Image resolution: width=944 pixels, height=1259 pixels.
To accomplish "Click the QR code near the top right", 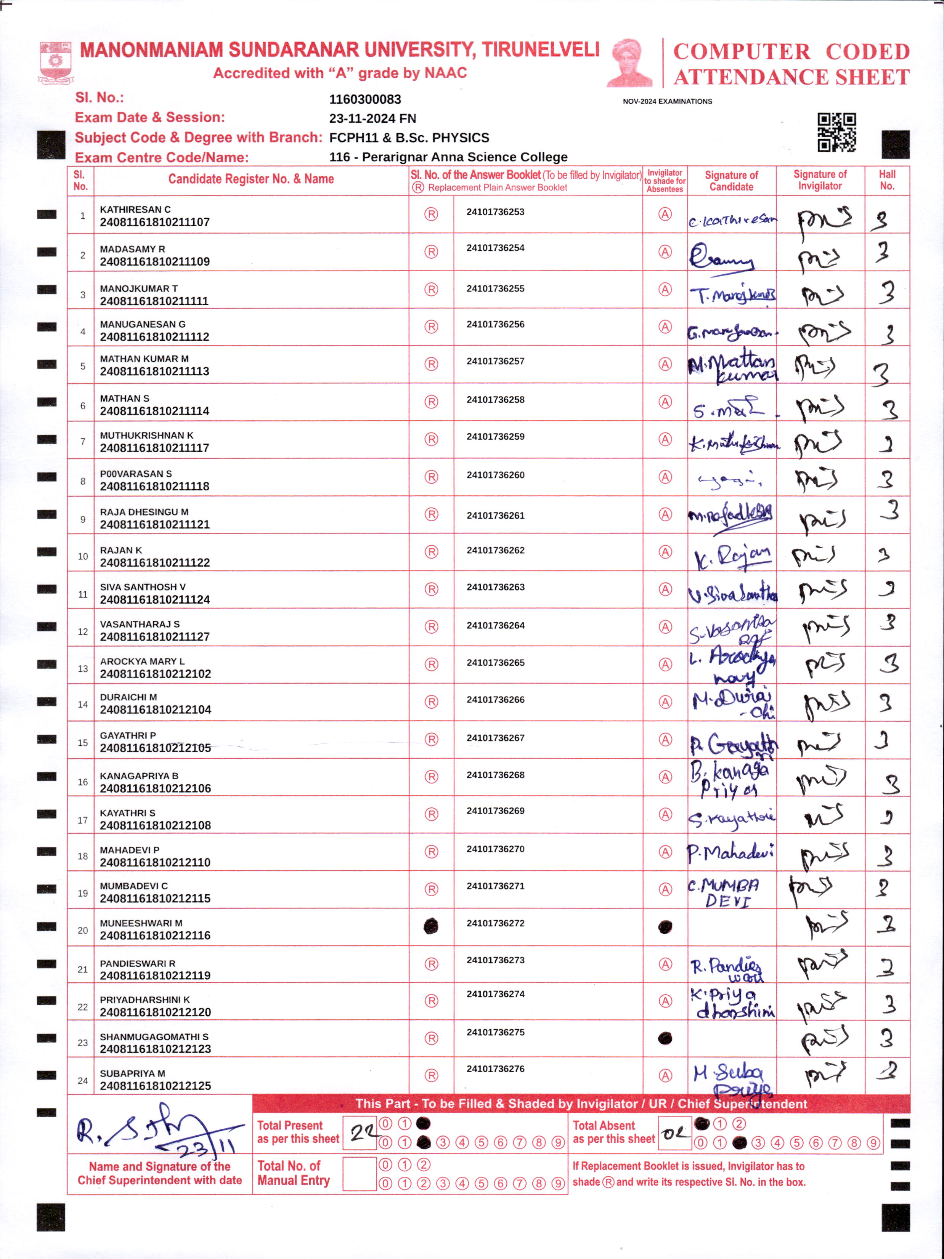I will point(836,132).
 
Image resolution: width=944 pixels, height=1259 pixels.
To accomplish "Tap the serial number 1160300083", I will point(365,99).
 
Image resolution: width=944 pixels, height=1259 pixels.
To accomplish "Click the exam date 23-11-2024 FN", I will point(372,119).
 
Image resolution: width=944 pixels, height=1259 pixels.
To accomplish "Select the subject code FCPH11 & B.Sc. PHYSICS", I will point(409,138).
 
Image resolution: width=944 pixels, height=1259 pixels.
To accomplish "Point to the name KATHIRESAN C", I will point(135,210).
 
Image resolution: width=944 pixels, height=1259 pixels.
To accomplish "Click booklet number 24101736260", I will point(495,475).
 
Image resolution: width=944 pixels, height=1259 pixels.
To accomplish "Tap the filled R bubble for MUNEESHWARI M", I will point(431,927).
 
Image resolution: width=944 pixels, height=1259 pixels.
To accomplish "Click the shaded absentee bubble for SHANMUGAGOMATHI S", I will point(665,1038).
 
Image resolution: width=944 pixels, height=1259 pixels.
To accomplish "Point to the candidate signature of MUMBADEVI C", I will point(725,892).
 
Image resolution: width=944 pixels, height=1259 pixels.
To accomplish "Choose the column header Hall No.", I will point(886,180).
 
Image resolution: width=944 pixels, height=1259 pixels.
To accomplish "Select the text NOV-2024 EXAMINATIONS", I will point(667,101).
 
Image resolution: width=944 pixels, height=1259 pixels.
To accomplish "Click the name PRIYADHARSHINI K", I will point(144,1000).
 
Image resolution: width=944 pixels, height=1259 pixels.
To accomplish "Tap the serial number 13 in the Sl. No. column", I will point(83,669).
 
